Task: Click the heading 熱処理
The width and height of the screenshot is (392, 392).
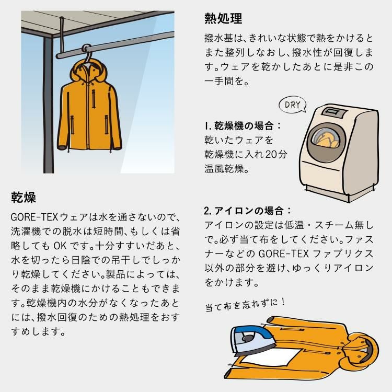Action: [x=223, y=19]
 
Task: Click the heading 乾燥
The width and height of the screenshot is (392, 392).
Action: [x=23, y=198]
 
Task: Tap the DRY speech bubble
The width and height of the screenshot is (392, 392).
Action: [x=293, y=105]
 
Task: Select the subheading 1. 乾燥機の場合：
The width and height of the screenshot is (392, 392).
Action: [x=244, y=126]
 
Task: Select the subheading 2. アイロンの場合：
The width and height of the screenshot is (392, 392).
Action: [x=248, y=211]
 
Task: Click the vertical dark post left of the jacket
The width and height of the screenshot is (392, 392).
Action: [x=48, y=105]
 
